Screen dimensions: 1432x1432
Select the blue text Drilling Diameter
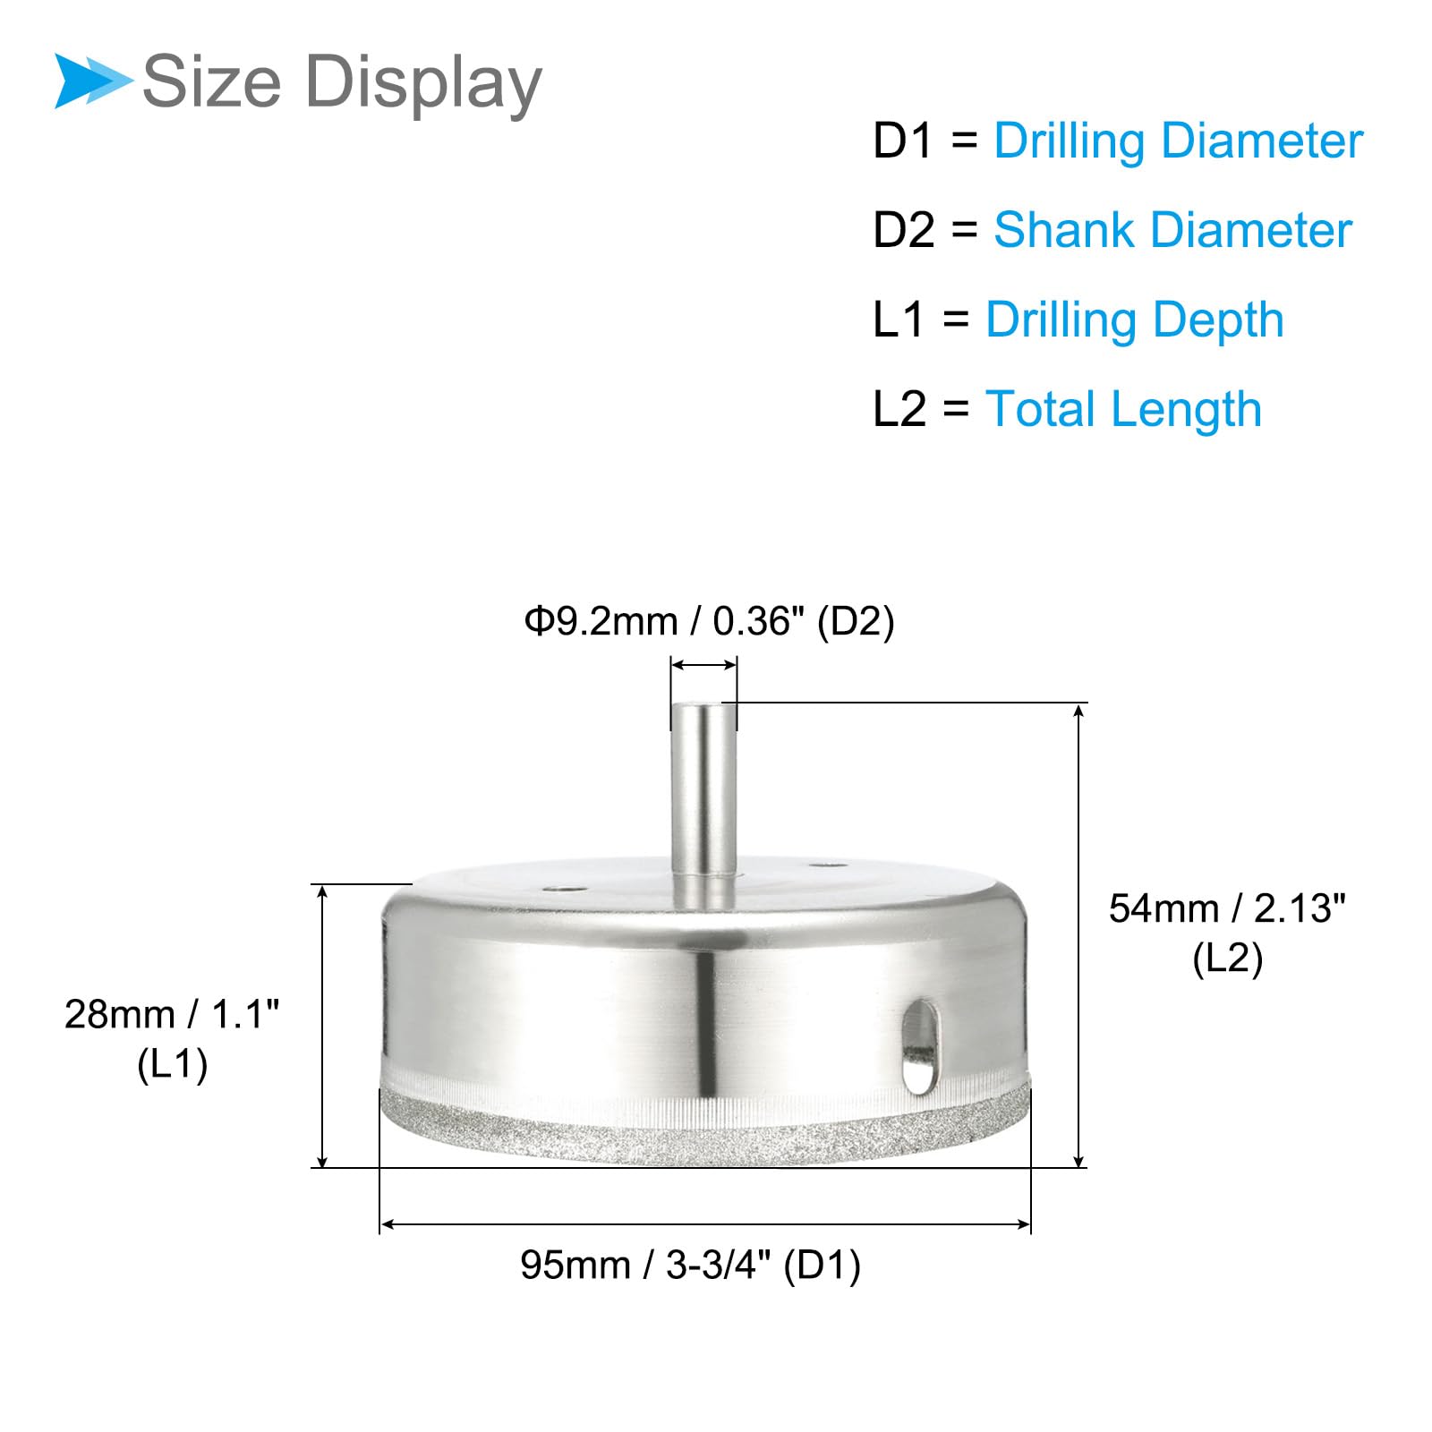pyautogui.click(x=1178, y=142)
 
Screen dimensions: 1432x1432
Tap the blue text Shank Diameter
pyautogui.click(x=1172, y=230)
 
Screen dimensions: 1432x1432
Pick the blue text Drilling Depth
pyautogui.click(x=1135, y=321)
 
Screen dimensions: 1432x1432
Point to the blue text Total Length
pyautogui.click(x=1124, y=411)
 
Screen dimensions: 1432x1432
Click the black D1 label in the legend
pyautogui.click(x=903, y=141)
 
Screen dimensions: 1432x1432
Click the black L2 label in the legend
pyautogui.click(x=899, y=410)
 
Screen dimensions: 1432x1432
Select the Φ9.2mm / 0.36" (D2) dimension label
pyautogui.click(x=710, y=621)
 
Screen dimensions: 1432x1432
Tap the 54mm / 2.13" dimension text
pyautogui.click(x=1227, y=908)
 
